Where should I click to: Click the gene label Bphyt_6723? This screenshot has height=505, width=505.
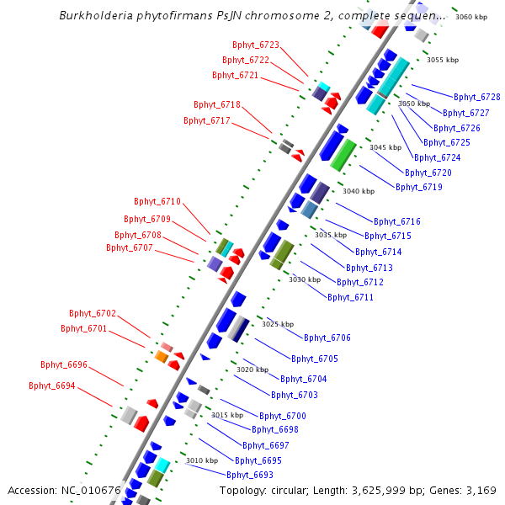click(x=256, y=45)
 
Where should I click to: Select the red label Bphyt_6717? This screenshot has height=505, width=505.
click(x=207, y=120)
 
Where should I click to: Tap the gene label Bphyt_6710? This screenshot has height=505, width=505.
click(x=157, y=202)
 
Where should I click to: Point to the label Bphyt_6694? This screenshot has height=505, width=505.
click(x=52, y=385)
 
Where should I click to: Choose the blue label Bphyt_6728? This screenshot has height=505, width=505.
click(x=477, y=97)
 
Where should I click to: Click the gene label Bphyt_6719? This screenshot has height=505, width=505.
click(x=419, y=187)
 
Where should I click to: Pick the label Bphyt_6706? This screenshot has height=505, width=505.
click(x=327, y=338)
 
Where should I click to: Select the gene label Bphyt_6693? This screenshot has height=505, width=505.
click(x=250, y=475)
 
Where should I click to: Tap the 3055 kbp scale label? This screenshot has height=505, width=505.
click(x=443, y=60)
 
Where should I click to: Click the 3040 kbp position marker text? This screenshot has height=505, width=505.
click(x=359, y=191)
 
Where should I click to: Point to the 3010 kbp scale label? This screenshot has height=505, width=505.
click(x=202, y=460)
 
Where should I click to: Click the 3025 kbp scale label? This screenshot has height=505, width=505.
click(x=278, y=324)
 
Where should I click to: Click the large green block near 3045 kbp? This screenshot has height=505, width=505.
click(x=343, y=155)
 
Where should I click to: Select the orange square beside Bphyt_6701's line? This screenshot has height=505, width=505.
click(x=162, y=357)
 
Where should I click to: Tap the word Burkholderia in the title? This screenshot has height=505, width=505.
click(x=96, y=15)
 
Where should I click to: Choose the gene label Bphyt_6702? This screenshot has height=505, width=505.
click(x=93, y=313)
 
